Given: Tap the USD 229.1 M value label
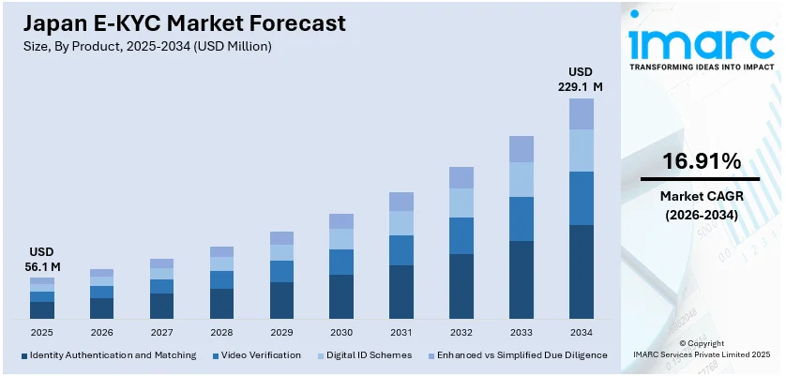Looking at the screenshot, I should click(582, 80).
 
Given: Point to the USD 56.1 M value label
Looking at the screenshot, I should click(42, 260).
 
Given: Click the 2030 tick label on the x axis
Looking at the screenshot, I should click(341, 332).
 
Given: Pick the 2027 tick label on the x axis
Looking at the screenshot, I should click(161, 332).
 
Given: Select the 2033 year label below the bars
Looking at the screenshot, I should click(521, 332).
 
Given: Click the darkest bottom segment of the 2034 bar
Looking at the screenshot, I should click(582, 272).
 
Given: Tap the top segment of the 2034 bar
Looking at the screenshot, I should click(582, 113).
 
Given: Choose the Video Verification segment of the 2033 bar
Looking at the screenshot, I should click(521, 218).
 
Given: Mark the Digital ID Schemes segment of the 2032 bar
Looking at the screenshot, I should click(461, 203).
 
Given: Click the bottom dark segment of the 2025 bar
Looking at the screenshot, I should click(42, 309).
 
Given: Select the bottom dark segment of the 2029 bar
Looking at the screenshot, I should click(281, 300).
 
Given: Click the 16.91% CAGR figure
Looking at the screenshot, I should click(700, 161).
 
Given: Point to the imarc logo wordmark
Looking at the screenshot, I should click(700, 42).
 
